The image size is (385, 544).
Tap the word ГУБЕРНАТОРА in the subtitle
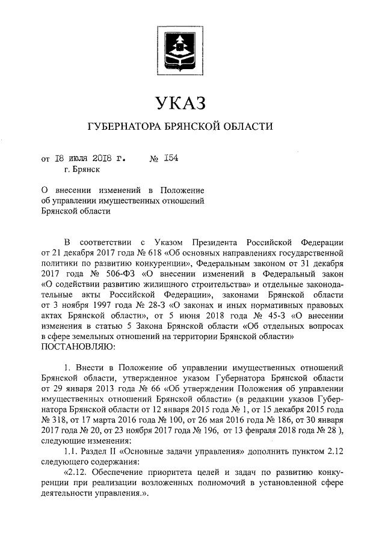click(124, 127)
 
